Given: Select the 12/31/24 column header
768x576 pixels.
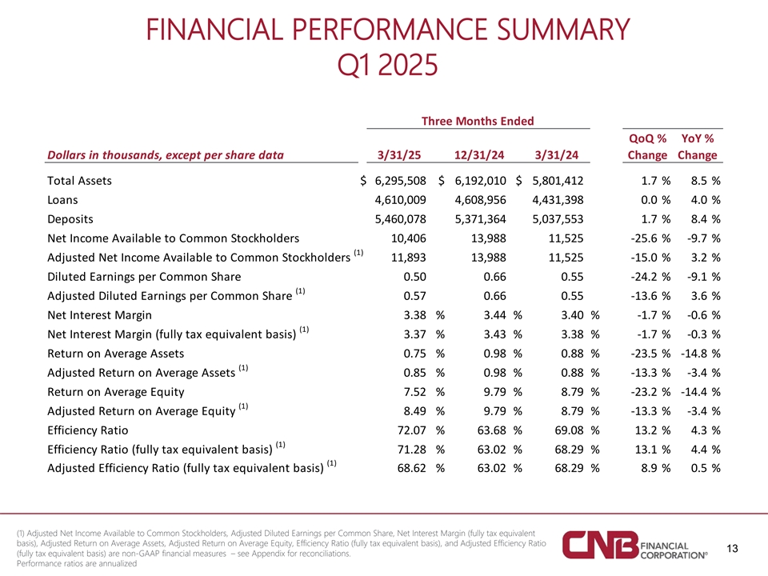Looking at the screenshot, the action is point(479,155).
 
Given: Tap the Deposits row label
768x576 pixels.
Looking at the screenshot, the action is point(70,219).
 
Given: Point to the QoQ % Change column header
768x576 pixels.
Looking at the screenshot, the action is point(647,146).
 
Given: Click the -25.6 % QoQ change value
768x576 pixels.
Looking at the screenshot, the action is point(650,238).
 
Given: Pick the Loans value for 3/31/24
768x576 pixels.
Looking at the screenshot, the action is point(558,200).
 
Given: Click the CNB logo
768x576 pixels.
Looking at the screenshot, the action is point(635,545).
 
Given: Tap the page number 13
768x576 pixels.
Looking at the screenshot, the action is point(732,549).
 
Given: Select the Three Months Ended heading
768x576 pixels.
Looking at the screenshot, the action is point(478,121).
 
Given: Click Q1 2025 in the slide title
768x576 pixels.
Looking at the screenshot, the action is point(387,65).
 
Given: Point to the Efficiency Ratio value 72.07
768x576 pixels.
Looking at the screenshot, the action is point(411,430).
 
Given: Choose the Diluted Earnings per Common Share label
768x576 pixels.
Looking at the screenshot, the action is point(144,277).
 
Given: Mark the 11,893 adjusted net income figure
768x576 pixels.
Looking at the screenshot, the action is point(409,258).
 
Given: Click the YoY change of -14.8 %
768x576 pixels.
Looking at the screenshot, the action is point(701,354).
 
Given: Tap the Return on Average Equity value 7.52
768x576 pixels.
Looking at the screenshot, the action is point(415,392).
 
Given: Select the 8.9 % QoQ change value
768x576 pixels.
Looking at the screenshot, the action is point(656,468).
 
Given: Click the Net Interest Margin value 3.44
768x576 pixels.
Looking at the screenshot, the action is point(494,315).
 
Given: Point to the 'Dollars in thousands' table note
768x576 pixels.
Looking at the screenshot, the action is point(166,155).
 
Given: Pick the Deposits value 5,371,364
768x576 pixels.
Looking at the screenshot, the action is point(481,219).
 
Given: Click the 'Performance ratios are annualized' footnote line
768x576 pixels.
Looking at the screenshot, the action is point(77,564).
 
